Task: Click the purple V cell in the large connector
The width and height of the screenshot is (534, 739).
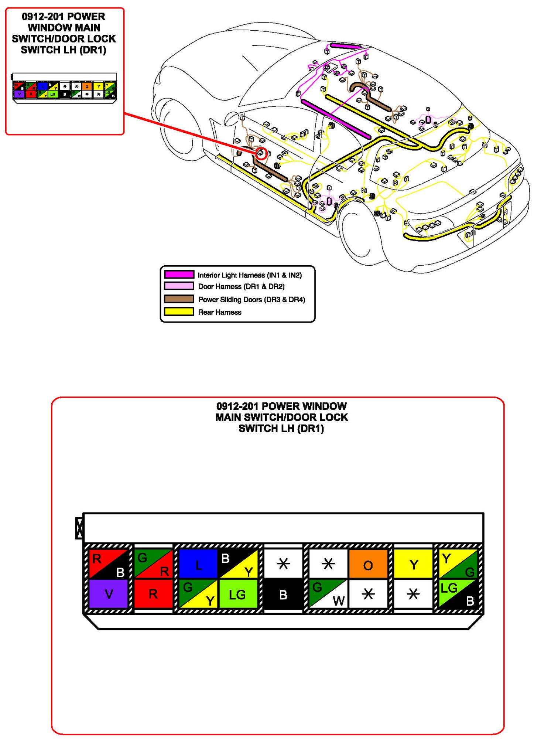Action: click(108, 594)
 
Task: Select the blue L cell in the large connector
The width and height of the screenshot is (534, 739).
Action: click(198, 564)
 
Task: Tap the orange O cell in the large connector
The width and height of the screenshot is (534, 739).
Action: click(368, 564)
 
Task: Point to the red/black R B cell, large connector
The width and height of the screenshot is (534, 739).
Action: click(108, 564)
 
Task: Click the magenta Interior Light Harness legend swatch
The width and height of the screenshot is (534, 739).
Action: click(179, 275)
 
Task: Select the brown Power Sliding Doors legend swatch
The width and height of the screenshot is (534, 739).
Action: click(179, 299)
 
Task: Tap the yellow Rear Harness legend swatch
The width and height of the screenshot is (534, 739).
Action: click(179, 312)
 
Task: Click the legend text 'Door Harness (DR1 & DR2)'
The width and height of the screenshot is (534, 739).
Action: click(241, 287)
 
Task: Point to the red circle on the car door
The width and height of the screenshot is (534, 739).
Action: click(261, 153)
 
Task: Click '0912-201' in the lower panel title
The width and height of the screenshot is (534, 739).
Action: click(237, 406)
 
